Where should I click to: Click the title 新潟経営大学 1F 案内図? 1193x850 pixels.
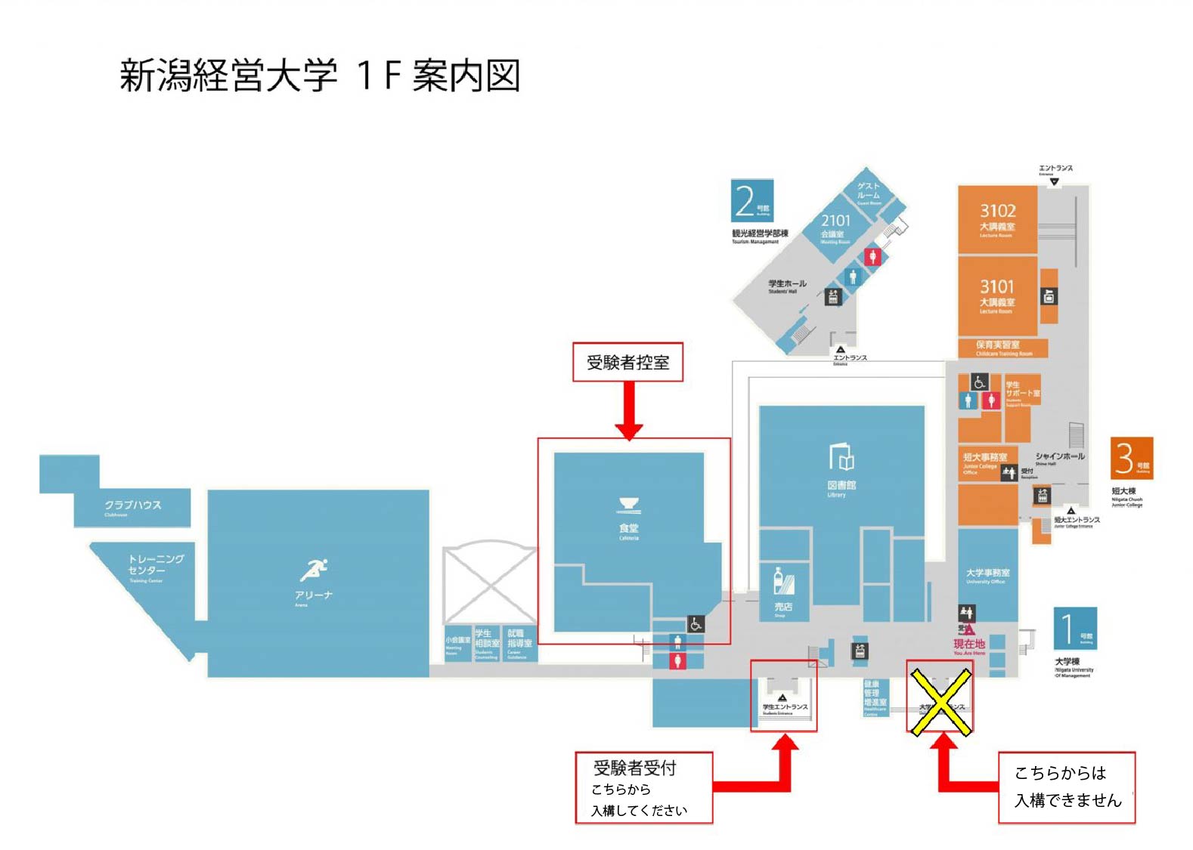[320, 76]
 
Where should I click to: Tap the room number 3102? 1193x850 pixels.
[997, 211]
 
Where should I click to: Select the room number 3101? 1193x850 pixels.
[997, 286]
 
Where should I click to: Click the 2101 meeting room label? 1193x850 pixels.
[835, 221]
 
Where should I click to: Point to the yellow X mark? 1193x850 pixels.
[940, 703]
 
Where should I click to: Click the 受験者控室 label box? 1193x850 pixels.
[627, 363]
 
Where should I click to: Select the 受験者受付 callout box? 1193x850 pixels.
[643, 787]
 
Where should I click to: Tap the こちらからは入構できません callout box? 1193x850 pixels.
[1066, 787]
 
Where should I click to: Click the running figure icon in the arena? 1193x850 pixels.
[315, 570]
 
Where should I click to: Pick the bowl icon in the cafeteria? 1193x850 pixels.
[629, 505]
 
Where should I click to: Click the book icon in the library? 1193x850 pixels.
[841, 456]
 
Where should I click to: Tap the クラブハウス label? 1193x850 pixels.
[132, 505]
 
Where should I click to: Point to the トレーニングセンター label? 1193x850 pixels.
[156, 564]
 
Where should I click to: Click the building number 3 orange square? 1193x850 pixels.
[1131, 458]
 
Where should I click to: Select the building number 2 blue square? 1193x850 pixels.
[751, 200]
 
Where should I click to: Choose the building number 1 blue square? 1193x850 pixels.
[1075, 628]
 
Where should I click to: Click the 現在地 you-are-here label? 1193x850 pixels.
[968, 644]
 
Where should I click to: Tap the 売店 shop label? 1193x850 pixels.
[782, 607]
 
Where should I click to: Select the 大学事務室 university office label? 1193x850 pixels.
[987, 573]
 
